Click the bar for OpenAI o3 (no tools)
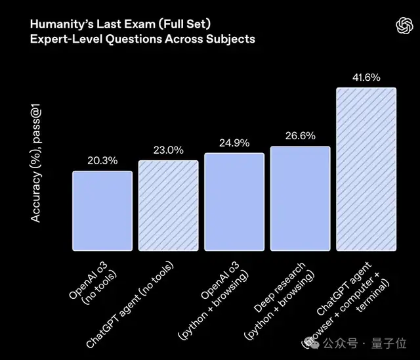102,210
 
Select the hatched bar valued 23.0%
168,205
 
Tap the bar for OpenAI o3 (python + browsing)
234,201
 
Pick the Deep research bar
300,198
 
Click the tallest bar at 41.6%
366,169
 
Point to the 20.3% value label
102,160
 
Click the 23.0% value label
168,150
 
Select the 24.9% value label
234,142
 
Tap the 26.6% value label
300,136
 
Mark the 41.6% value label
366,77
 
